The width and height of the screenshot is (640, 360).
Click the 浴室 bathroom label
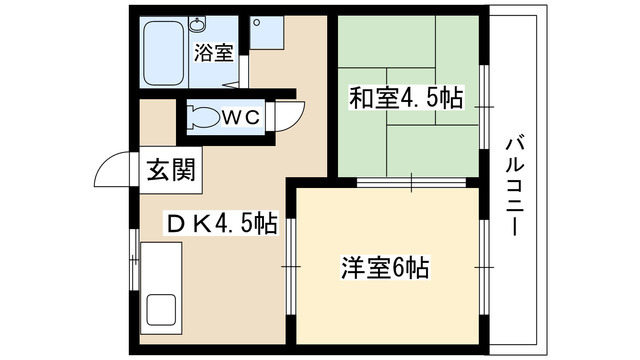coord(213,53)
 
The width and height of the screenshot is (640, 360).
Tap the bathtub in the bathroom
coord(164,52)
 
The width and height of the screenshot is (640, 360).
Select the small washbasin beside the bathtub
coord(198,24)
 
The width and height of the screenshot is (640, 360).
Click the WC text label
coord(241,118)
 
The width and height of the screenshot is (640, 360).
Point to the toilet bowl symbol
coord(204,117)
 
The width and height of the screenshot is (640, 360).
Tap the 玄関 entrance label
coord(171,170)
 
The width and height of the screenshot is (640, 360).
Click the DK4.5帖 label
coord(222,224)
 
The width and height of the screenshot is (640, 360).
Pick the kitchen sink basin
coord(161,310)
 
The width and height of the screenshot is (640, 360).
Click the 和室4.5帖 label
coord(406,98)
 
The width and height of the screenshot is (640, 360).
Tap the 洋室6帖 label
coord(385,268)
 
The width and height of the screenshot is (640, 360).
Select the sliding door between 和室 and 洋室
coord(411,182)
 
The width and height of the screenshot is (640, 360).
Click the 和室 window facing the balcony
coord(484,107)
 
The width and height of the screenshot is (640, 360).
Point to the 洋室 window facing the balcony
coord(484,267)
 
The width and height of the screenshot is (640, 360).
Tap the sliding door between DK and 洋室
coord(291,267)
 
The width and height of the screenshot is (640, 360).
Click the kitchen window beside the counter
coord(134,259)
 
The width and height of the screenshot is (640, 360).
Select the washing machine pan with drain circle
coord(266,33)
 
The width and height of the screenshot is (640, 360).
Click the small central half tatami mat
coord(411,96)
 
